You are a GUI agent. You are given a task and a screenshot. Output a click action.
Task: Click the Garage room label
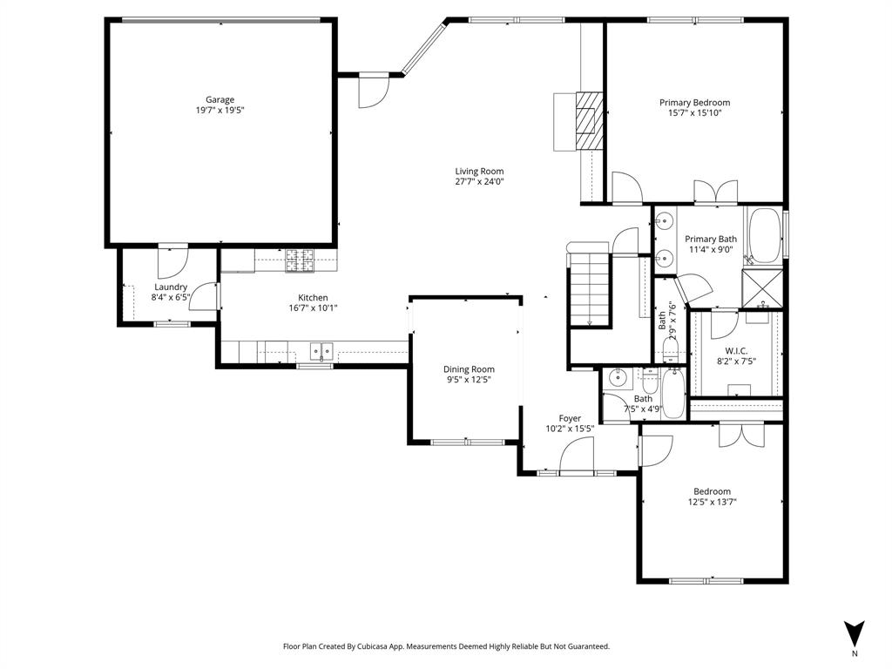tap(220, 99)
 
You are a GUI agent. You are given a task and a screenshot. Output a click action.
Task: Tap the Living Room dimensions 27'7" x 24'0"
tap(479, 182)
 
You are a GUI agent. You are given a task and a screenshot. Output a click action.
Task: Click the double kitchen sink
tap(321, 352)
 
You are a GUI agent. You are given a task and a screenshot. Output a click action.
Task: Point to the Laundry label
tap(171, 287)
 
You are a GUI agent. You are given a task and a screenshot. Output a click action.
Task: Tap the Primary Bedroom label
tap(694, 102)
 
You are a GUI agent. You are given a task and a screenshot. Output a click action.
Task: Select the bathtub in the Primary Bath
tap(767, 235)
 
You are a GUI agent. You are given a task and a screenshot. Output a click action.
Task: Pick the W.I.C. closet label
tap(736, 350)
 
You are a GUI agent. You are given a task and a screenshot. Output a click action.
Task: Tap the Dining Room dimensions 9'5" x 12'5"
tap(469, 380)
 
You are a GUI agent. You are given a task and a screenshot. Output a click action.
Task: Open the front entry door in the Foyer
tap(575, 457)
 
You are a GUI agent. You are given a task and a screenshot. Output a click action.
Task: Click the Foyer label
tap(570, 418)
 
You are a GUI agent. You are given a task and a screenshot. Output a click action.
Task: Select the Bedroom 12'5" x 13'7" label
tap(712, 490)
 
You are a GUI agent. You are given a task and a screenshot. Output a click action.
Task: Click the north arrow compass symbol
tap(855, 632)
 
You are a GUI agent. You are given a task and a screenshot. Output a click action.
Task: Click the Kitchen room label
tap(313, 297)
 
